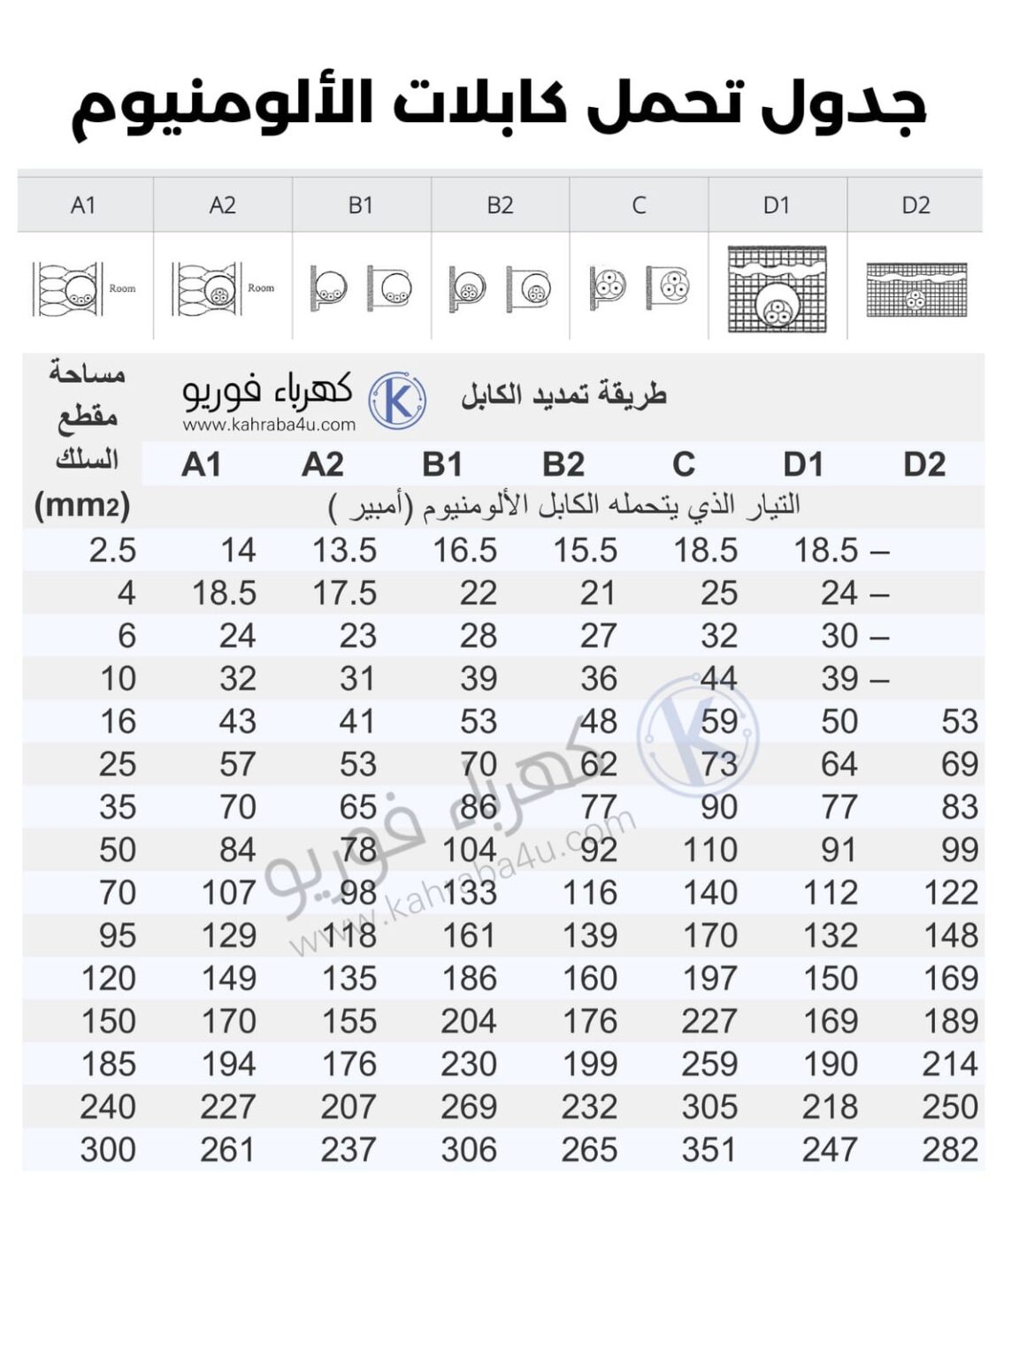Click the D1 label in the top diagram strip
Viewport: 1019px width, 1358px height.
coord(776,205)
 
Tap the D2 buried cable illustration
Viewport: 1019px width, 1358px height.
coord(916,289)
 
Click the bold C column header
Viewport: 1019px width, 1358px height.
coord(683,464)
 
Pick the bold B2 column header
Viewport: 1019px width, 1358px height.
coord(563,464)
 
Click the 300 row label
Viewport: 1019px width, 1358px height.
coord(108,1149)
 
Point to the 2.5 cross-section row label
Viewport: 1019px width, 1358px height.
coord(112,550)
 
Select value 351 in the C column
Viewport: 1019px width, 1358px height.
coord(709,1149)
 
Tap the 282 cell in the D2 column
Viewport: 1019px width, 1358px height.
coord(950,1149)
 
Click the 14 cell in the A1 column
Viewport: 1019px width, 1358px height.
coord(237,550)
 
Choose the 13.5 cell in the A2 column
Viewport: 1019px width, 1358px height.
coord(344,550)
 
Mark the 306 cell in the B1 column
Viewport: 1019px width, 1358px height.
coord(469,1149)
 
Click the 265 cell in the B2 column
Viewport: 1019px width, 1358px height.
coord(589,1149)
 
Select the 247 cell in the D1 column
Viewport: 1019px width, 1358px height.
coord(830,1149)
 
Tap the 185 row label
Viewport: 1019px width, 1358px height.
coord(108,1064)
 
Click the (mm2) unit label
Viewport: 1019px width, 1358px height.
coord(81,506)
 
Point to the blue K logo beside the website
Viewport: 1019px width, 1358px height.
coord(397,401)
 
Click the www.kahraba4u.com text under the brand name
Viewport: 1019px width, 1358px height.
coord(269,424)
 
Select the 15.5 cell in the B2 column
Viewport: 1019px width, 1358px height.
coord(585,550)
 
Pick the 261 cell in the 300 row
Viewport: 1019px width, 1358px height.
coord(227,1149)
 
